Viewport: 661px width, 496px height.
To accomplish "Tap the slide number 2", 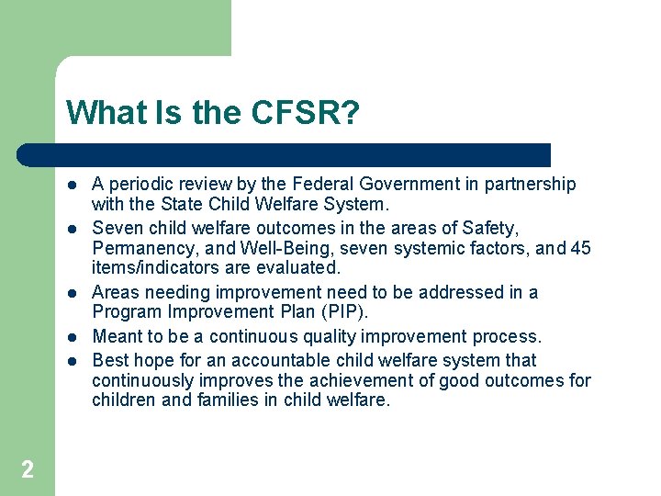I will coord(28,470).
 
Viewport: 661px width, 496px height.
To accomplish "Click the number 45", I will coord(580,248).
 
